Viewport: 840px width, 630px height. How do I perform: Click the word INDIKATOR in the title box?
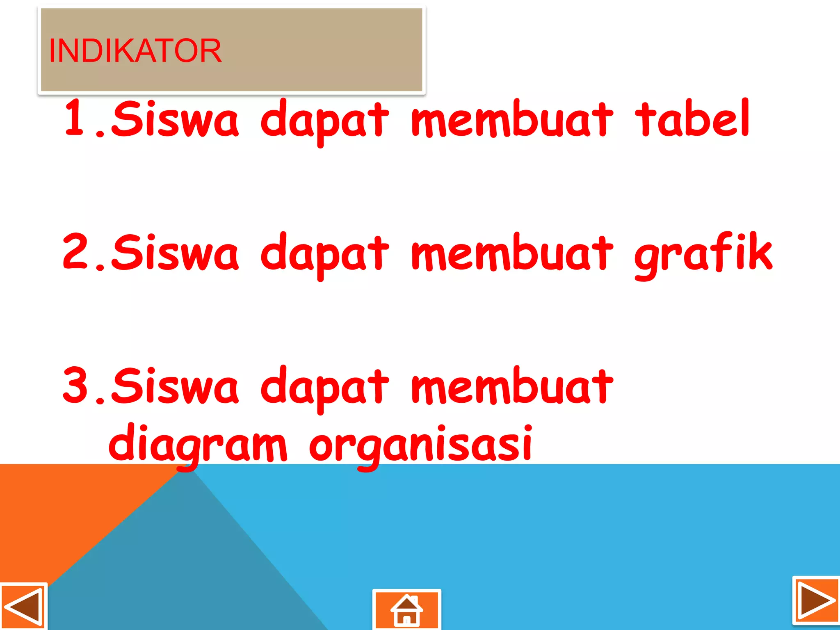click(135, 51)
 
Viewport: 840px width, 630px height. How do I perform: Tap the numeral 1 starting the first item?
click(75, 118)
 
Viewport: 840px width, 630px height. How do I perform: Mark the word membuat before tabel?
click(513, 119)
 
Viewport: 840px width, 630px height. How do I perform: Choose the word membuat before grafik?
click(513, 253)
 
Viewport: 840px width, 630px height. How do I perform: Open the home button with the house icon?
click(406, 610)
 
